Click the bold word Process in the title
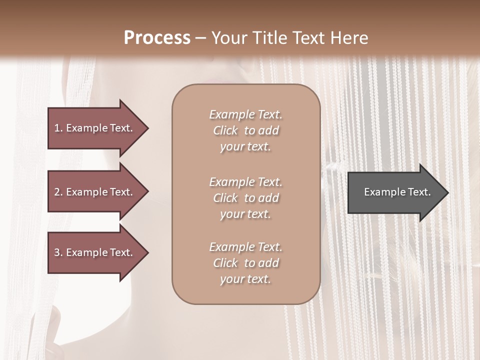[157, 38]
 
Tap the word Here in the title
[349, 38]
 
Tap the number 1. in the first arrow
[58, 128]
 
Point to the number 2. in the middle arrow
[58, 192]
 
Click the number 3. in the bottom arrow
[58, 252]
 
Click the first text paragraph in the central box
[245, 130]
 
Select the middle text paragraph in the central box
[245, 198]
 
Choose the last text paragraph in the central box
[245, 263]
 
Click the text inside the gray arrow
[397, 192]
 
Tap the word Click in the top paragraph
[225, 130]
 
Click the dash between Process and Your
[200, 38]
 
